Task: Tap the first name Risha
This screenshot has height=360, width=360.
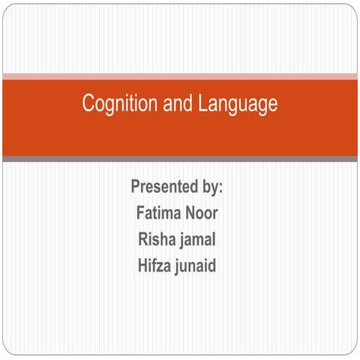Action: (156, 239)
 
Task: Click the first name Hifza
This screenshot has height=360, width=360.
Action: (155, 265)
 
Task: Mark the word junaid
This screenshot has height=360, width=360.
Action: (196, 266)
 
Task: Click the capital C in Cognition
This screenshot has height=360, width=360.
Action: (88, 104)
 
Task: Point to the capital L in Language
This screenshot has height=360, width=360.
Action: (204, 104)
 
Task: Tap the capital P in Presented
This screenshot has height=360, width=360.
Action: (136, 186)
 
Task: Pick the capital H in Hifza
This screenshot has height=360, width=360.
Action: (142, 265)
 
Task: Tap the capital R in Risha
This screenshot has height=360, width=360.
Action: (141, 239)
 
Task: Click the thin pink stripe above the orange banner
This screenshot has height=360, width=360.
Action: (180, 76)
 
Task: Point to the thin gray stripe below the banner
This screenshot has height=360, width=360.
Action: (180, 159)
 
